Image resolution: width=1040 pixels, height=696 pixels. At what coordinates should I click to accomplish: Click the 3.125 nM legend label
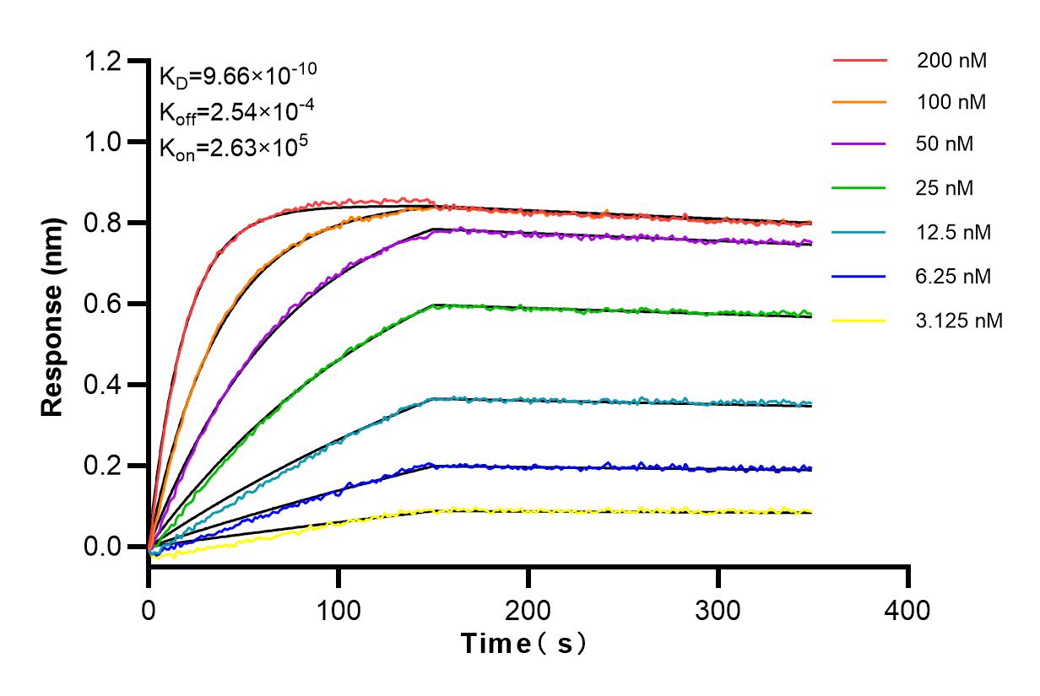[960, 321]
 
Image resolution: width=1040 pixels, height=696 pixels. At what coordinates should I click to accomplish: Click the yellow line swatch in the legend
[859, 321]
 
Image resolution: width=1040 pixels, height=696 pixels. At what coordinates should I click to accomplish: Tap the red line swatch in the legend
[859, 61]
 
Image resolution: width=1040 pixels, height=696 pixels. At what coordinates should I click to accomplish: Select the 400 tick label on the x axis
[908, 609]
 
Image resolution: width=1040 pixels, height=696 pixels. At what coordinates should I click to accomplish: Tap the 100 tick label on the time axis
[339, 609]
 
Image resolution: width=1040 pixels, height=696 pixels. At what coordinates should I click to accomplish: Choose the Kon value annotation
[226, 147]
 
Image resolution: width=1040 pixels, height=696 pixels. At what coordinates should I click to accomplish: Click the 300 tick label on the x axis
[718, 609]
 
